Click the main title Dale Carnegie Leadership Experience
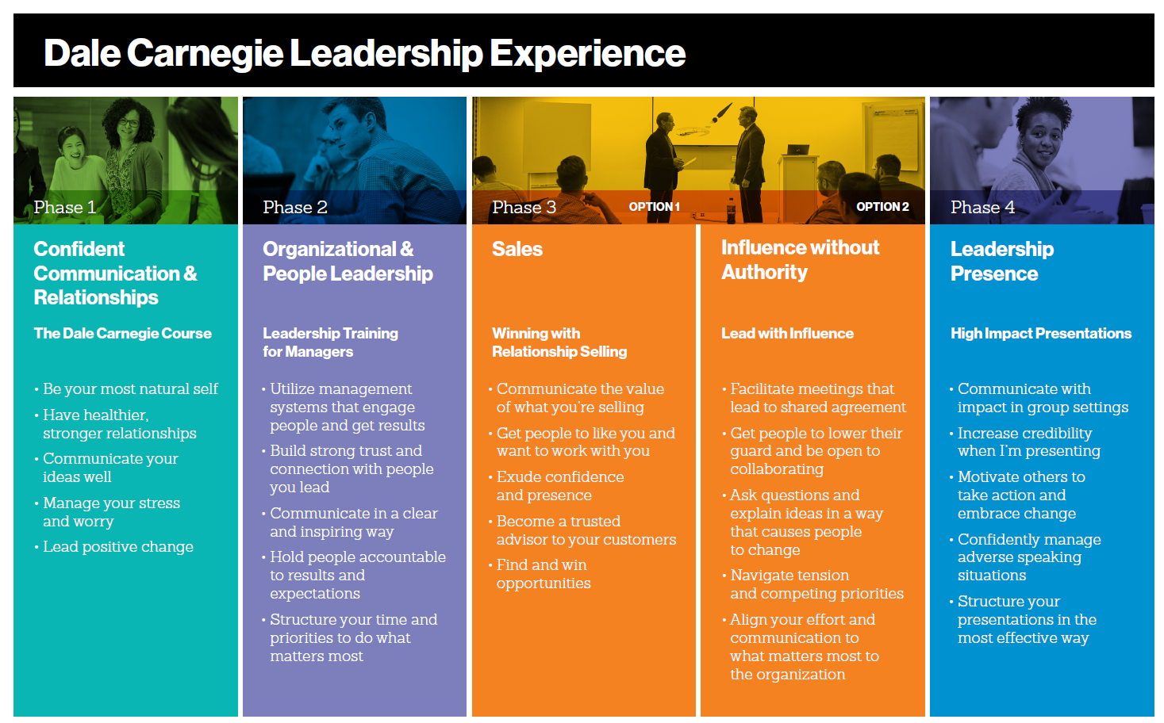tap(365, 53)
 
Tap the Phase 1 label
tap(65, 208)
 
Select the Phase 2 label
tap(295, 208)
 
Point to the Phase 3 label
tap(524, 208)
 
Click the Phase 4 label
tap(982, 208)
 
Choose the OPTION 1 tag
tap(655, 207)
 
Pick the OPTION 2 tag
tap(882, 207)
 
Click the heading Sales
tap(517, 249)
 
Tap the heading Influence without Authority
tap(801, 259)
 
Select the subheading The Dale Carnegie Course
tap(123, 333)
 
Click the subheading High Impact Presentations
tap(1041, 333)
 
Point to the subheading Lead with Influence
tap(787, 333)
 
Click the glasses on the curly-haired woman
tap(128, 123)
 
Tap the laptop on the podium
tap(797, 150)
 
